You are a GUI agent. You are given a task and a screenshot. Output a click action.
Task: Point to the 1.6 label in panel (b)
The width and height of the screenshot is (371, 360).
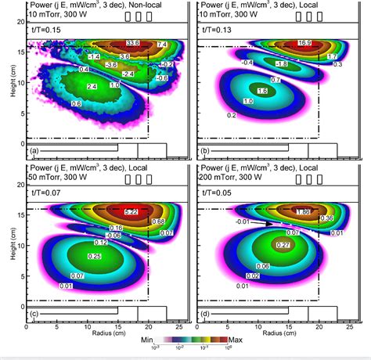263,92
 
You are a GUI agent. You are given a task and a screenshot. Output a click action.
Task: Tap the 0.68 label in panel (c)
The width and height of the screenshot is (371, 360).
157,221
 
